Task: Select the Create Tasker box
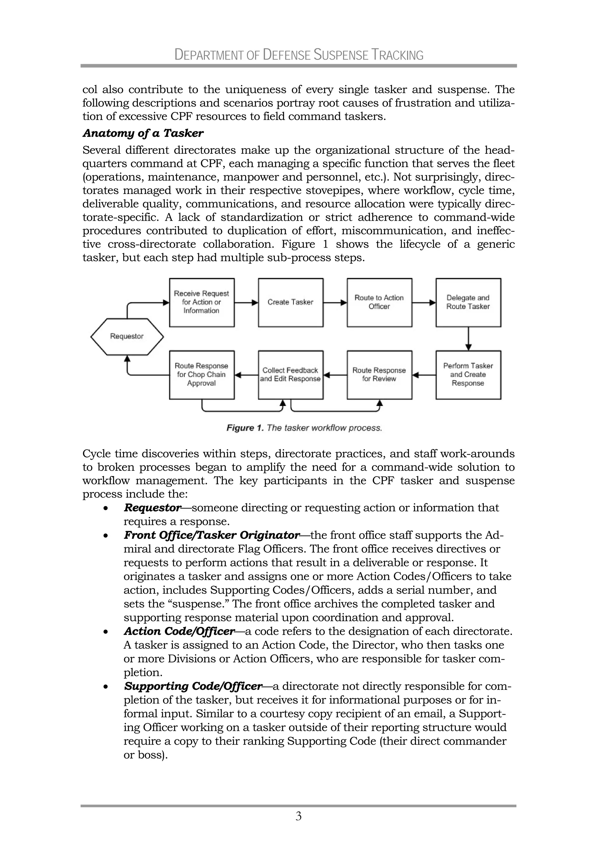tap(290, 302)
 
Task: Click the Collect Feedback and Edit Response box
tap(290, 374)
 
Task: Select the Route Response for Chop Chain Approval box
tap(202, 374)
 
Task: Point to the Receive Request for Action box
tap(202, 302)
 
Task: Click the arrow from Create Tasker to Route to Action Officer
tap(335, 302)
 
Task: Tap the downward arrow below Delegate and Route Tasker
tap(468, 339)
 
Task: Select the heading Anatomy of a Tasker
tap(143, 133)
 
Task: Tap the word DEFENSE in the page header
tap(287, 55)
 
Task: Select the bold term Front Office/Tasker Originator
tap(211, 535)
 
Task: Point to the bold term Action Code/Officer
tap(179, 631)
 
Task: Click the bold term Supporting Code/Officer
tap(193, 687)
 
